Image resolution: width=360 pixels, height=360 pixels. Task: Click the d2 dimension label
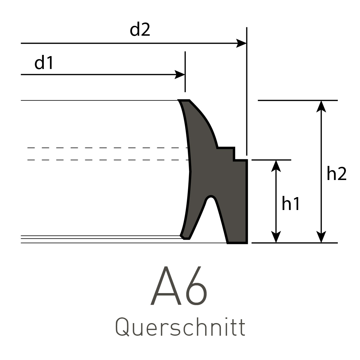pyautogui.click(x=140, y=30)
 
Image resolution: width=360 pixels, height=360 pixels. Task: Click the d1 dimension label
pyautogui.click(x=44, y=63)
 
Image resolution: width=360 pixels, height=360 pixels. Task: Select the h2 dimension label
pyautogui.click(x=337, y=174)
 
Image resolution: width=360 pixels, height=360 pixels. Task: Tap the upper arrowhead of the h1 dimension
pyautogui.click(x=276, y=165)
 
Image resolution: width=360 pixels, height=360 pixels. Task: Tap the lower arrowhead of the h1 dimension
pyautogui.click(x=276, y=237)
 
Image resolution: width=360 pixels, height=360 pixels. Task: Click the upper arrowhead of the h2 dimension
pyautogui.click(x=321, y=106)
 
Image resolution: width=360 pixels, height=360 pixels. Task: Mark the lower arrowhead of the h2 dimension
pyautogui.click(x=321, y=237)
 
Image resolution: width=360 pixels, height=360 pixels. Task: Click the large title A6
pyautogui.click(x=179, y=286)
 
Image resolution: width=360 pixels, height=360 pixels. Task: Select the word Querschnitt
pyautogui.click(x=180, y=328)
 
